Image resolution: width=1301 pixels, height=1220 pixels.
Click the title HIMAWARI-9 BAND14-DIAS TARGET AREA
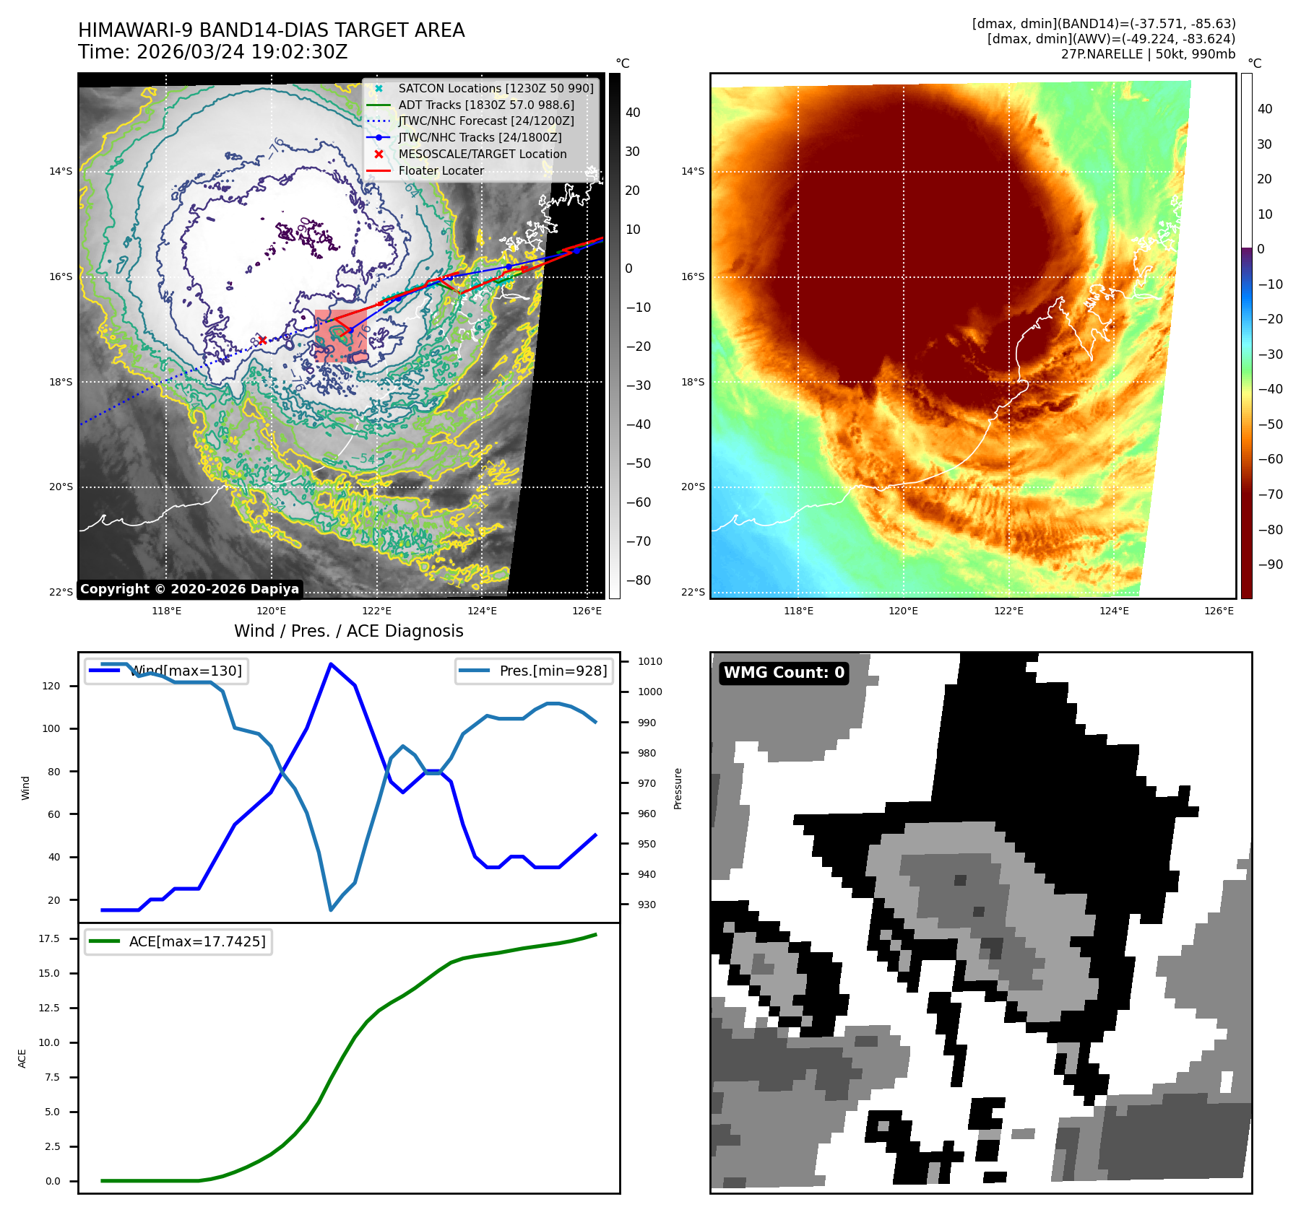[x=271, y=30]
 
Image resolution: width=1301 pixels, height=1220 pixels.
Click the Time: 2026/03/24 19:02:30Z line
[x=213, y=52]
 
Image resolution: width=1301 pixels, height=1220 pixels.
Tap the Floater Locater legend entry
[x=441, y=170]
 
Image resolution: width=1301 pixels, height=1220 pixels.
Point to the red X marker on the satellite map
[x=262, y=340]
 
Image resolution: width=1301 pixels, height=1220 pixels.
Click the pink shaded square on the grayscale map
[x=340, y=336]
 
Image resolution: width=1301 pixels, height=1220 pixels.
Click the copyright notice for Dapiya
[x=189, y=589]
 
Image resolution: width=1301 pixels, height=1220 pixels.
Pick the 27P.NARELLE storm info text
[x=1148, y=54]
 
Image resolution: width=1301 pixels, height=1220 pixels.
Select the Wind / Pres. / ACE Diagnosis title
[x=348, y=631]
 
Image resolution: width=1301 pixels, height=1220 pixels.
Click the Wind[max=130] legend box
[x=166, y=671]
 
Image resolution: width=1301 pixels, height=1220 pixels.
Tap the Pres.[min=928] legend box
[x=534, y=671]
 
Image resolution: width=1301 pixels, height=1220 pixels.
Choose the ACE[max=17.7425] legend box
[x=178, y=941]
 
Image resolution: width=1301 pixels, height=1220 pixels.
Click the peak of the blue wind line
[x=331, y=663]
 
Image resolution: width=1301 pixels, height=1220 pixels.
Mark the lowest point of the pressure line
[x=331, y=910]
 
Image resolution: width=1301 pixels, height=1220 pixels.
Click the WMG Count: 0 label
[x=784, y=673]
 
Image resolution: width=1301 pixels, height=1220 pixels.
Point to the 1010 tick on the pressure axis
[x=649, y=661]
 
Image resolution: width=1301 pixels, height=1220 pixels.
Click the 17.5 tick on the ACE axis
[x=49, y=938]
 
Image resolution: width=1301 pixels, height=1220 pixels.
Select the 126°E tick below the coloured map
[x=1219, y=611]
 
